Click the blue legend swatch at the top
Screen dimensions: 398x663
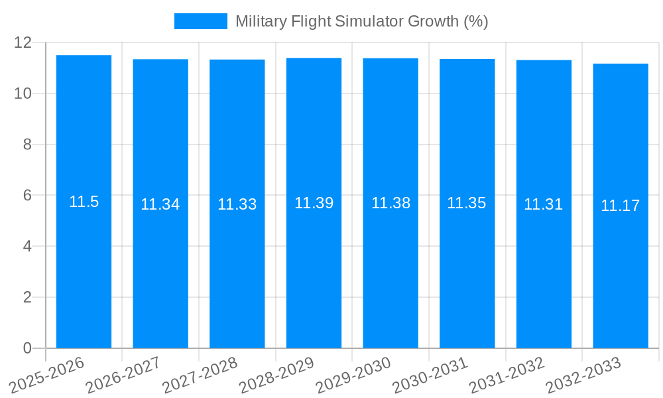click(200, 21)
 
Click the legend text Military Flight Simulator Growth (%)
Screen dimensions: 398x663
click(361, 21)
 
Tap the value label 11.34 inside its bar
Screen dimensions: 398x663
click(160, 204)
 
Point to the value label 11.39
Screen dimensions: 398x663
click(314, 203)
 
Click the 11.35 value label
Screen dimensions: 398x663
click(466, 203)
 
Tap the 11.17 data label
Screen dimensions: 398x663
click(620, 206)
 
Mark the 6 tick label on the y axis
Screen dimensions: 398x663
click(27, 196)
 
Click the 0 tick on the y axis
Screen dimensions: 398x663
click(27, 348)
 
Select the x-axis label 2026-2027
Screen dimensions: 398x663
click(123, 375)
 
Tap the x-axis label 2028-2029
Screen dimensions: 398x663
click(276, 375)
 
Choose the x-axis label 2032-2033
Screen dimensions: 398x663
click(582, 375)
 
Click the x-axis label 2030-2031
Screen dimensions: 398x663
click(429, 375)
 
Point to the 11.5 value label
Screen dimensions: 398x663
click(84, 202)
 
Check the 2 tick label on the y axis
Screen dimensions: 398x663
click(27, 297)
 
